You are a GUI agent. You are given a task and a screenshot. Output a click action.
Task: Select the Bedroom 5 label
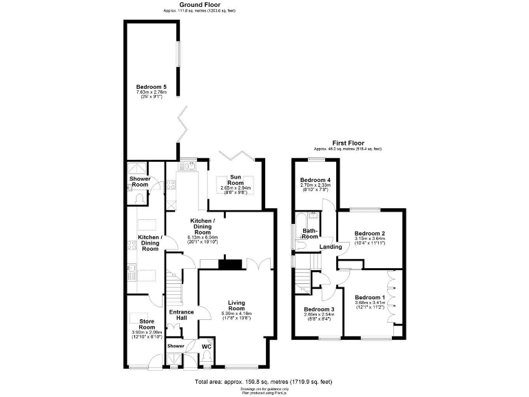[151, 86]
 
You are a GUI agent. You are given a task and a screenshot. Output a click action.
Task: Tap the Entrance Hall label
[182, 315]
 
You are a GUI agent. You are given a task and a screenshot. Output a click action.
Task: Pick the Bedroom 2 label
[369, 233]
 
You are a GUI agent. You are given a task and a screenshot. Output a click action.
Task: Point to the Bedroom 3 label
[318, 309]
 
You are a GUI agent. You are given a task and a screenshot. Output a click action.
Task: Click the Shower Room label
[140, 181]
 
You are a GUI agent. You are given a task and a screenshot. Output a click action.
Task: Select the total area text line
[264, 381]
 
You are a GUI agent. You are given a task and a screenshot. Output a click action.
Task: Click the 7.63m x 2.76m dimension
[151, 92]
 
